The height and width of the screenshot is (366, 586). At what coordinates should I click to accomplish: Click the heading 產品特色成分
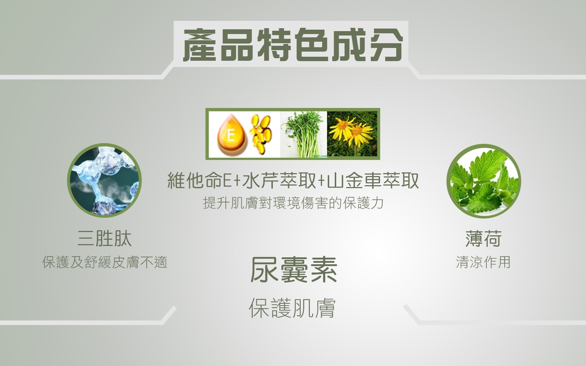[293, 45]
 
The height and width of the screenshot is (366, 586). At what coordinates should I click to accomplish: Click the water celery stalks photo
[304, 134]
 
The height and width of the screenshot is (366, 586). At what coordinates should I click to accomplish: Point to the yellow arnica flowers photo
[352, 134]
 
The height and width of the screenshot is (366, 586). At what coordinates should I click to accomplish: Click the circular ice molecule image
[104, 180]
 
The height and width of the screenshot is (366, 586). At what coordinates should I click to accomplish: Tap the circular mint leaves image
[484, 181]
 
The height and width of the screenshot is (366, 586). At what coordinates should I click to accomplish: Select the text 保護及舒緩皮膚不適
[105, 262]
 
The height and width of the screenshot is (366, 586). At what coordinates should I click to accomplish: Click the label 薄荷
[483, 238]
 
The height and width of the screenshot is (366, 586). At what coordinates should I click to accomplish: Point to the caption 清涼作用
[483, 262]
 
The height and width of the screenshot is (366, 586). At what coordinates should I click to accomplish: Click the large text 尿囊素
[293, 269]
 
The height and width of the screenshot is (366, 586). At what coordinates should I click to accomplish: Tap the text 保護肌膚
[293, 308]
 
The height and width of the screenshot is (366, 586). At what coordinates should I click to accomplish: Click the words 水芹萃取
[279, 180]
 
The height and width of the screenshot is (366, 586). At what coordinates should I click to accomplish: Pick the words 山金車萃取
[373, 180]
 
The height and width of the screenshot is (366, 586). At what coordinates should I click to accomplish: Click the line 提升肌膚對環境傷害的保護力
[293, 203]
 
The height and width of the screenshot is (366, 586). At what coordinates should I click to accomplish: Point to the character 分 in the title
[386, 45]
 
